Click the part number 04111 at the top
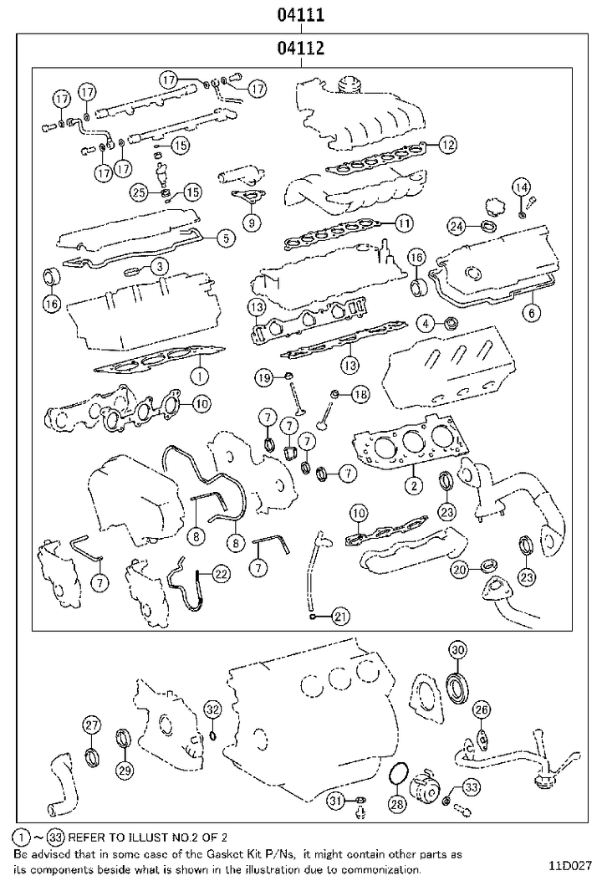pos(301,15)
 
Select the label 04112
pos(301,49)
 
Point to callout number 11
pos(404,223)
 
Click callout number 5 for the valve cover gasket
pos(224,238)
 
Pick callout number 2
pos(413,484)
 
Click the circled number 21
pos(339,617)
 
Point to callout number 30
pos(457,650)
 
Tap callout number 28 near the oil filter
pos(397,803)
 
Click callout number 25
pos(140,192)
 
